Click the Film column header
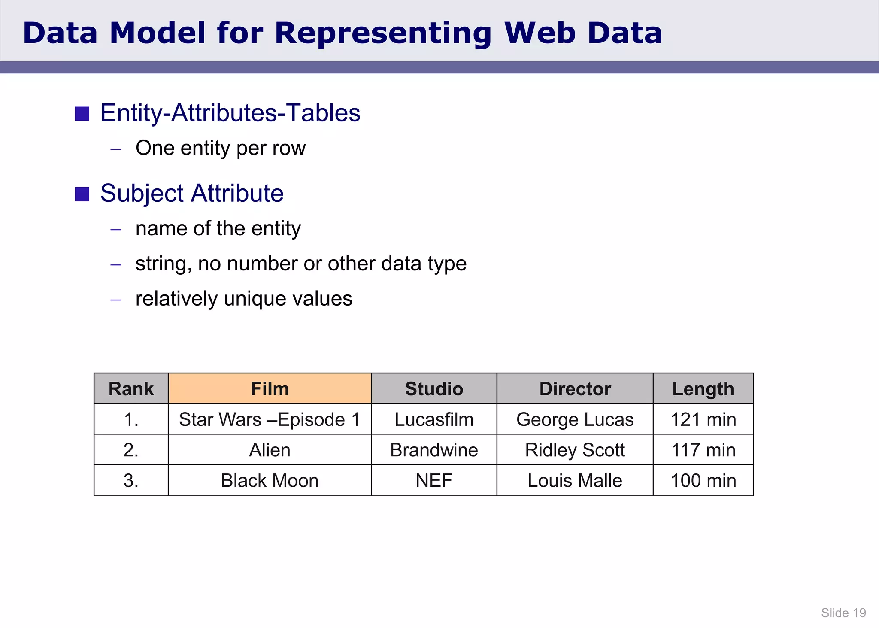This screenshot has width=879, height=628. [270, 389]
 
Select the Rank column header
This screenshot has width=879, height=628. [131, 389]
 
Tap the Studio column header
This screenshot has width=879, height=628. [434, 389]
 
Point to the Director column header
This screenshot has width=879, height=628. [575, 389]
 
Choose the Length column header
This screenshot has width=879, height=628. [703, 389]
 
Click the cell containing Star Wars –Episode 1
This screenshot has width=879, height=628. [270, 419]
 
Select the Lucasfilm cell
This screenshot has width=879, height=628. [434, 419]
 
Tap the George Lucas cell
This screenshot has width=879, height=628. [575, 419]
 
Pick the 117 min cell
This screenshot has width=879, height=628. [703, 450]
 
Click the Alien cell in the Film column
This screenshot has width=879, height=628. [270, 450]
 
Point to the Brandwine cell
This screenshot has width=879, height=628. [434, 450]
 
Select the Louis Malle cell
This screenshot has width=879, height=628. [575, 480]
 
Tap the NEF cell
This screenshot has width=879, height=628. [434, 480]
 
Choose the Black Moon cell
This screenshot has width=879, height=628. [270, 480]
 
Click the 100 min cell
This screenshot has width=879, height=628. [703, 480]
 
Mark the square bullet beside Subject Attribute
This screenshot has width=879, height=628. [82, 194]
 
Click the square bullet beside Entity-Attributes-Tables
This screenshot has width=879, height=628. [82, 114]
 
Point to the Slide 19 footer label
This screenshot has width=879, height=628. [843, 613]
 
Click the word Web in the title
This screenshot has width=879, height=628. [540, 33]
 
